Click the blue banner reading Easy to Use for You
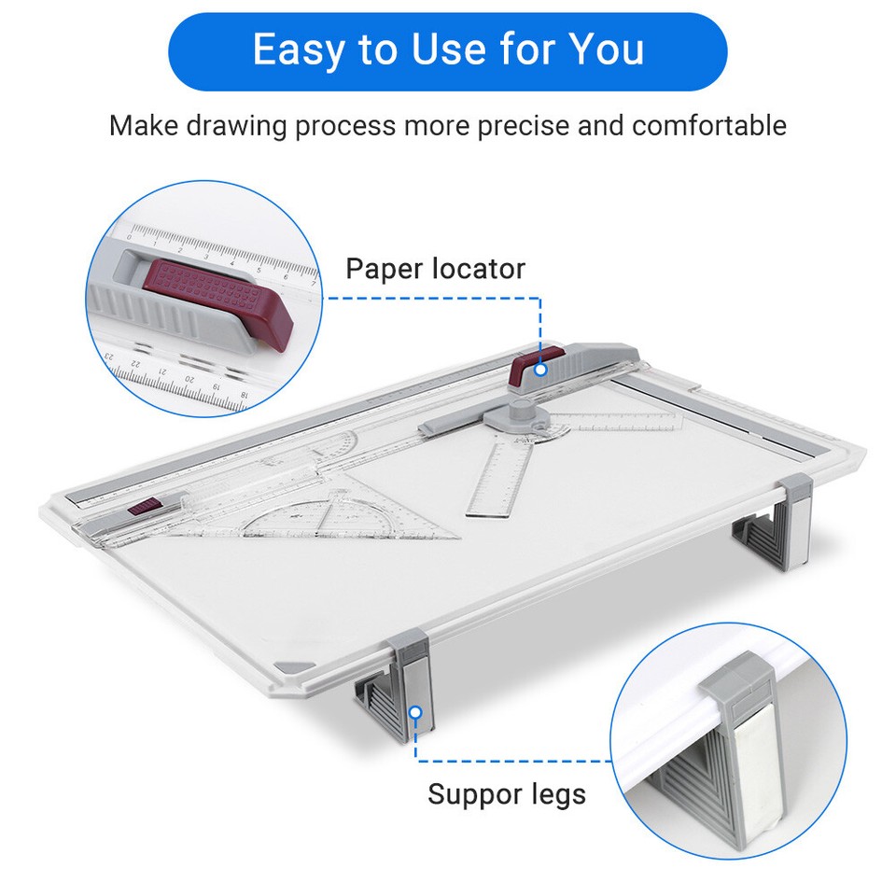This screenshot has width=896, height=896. [448, 51]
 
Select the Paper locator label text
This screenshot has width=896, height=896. [435, 269]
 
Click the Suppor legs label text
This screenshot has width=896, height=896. [506, 794]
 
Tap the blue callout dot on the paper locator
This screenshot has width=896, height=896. [540, 371]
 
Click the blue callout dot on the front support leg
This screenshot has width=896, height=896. [416, 712]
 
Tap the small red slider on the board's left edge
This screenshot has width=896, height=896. [144, 509]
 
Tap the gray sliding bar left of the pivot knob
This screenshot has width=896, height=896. [452, 426]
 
